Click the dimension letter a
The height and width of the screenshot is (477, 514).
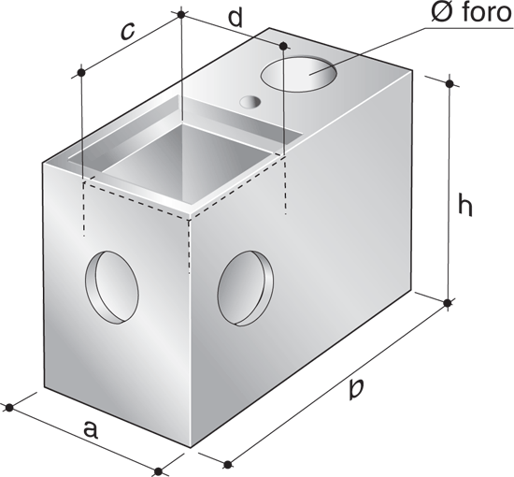(x=91, y=429)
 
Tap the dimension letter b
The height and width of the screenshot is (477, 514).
(x=356, y=388)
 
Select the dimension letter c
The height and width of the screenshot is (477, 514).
(x=127, y=32)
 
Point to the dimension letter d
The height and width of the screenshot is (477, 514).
(x=236, y=18)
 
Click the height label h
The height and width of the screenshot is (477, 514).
(x=464, y=206)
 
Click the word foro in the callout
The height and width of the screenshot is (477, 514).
(x=487, y=13)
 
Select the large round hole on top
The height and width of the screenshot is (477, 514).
(x=298, y=74)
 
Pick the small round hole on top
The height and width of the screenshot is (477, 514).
(x=250, y=102)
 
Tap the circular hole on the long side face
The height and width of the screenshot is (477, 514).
(x=246, y=288)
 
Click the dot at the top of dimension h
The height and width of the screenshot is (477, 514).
(x=450, y=83)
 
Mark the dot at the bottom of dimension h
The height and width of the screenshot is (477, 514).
(x=447, y=303)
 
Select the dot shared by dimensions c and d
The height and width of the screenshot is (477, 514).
(x=180, y=14)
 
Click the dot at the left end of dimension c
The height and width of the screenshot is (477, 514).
(x=81, y=73)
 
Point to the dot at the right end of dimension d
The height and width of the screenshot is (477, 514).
(x=284, y=46)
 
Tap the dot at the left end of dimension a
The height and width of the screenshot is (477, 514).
(x=9, y=408)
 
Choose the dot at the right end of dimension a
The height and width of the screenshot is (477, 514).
(x=158, y=471)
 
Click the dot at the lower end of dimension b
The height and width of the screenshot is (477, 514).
(x=227, y=465)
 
